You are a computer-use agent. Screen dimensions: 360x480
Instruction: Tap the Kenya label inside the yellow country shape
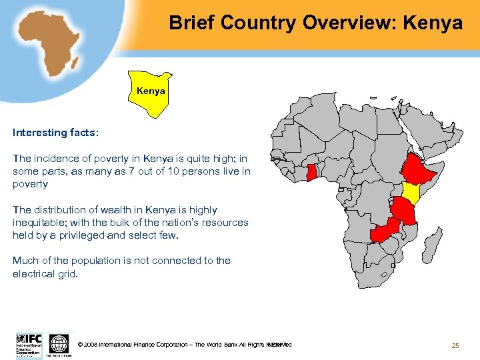[x=151, y=91]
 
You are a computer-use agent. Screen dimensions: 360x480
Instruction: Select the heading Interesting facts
[x=55, y=133]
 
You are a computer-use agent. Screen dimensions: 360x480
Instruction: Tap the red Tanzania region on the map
[x=405, y=210]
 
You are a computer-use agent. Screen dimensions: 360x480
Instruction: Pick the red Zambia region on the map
[x=384, y=231]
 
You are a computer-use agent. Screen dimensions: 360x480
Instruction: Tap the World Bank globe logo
[x=59, y=344]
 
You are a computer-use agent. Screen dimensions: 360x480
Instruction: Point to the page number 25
[x=455, y=345]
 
